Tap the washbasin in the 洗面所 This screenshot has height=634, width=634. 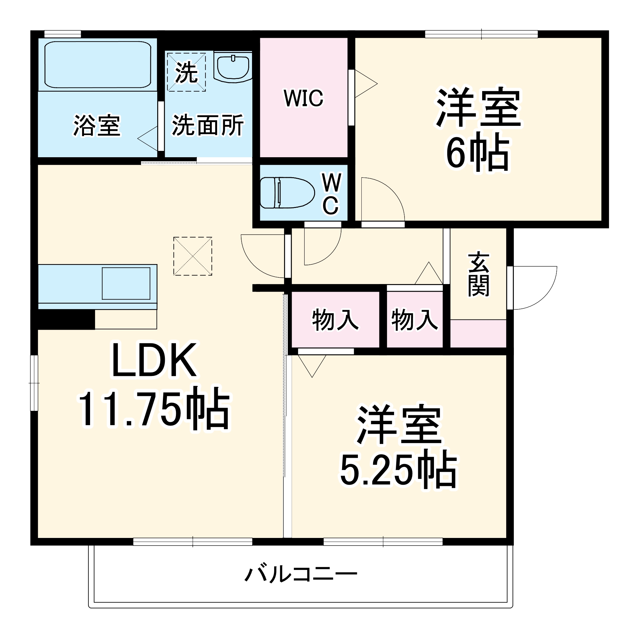pos(233,67)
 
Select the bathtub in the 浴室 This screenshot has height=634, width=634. pos(97,65)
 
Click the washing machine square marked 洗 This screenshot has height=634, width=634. pos(186,72)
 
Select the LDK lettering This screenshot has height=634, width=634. pos(154,360)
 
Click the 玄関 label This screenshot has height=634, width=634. pos(478,274)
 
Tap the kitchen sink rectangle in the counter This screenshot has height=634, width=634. pos(126,283)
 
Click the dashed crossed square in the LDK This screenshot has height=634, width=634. pos(193,256)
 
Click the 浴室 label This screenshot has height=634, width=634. pos(97,125)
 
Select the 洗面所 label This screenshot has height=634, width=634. pos(208,125)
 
